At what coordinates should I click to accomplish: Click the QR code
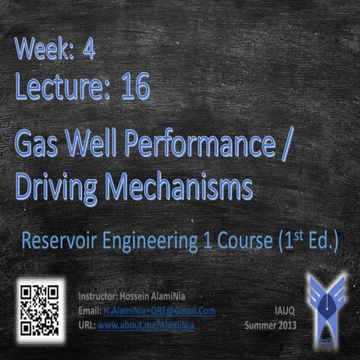(x=38, y=309)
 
